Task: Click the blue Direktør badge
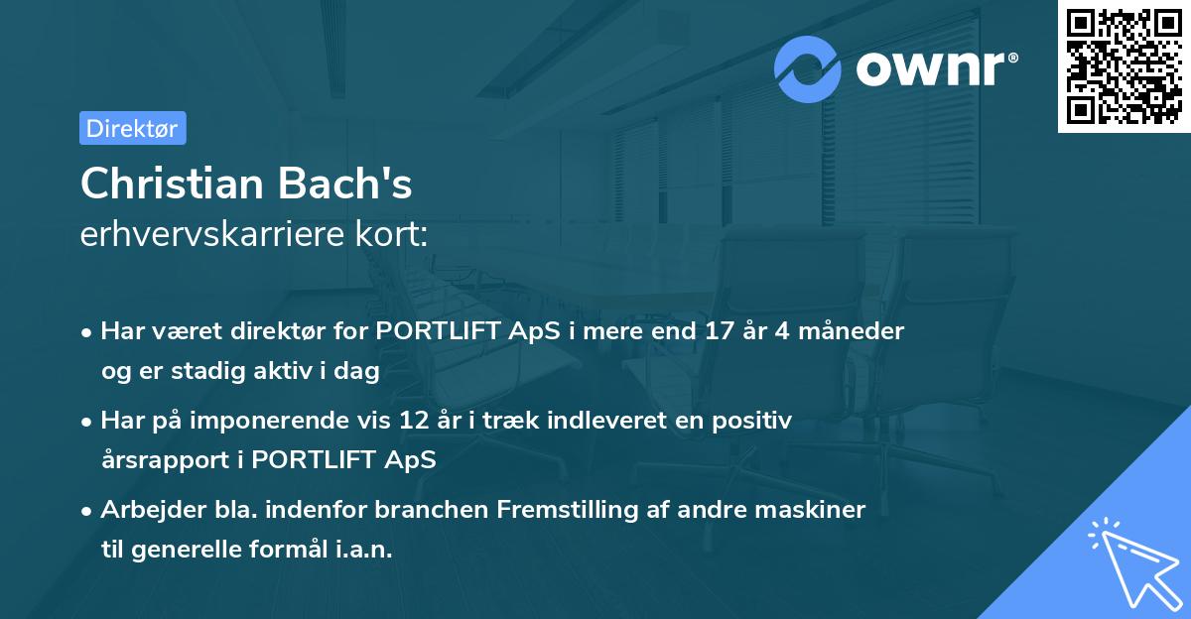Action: [133, 128]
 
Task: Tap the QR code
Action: [1125, 65]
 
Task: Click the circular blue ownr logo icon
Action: [807, 69]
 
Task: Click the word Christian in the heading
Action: [173, 184]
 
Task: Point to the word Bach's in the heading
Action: [344, 184]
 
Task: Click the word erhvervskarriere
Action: [212, 234]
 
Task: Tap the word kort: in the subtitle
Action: [391, 234]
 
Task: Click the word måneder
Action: [852, 331]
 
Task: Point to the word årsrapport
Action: [166, 460]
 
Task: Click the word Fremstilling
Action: [568, 511]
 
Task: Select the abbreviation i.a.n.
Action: [363, 550]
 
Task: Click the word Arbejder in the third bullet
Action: [154, 511]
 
